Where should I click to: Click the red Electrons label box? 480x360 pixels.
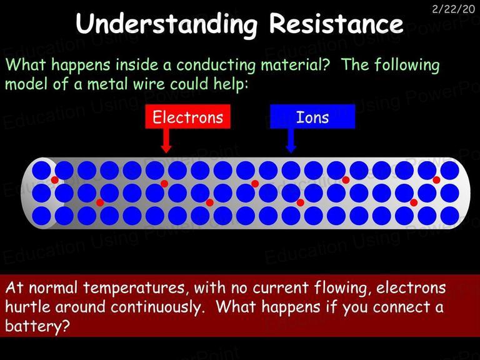pos(187,116)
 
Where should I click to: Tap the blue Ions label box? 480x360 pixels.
pos(312,116)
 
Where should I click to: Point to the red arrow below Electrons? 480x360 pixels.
pos(166,141)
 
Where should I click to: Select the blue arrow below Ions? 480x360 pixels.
pos(291,141)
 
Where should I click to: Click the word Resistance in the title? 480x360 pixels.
pos(336,24)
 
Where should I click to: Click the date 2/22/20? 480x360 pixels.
pos(453,9)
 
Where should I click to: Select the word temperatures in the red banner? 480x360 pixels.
pos(134,288)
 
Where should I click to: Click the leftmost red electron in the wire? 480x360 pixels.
pos(55,180)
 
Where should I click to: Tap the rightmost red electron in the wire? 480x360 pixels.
pos(436,180)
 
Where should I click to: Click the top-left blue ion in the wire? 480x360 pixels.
pos(41,170)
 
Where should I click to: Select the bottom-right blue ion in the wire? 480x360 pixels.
pos(450,216)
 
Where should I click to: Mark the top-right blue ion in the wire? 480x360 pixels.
pos(450,170)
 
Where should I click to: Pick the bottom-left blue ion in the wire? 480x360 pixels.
pos(41,216)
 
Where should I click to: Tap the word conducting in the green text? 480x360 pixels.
pos(216,66)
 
